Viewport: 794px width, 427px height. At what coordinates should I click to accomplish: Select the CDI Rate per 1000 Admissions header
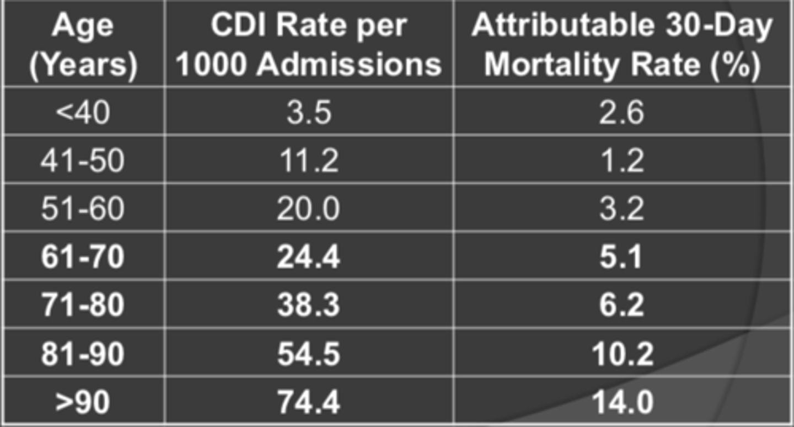point(309,45)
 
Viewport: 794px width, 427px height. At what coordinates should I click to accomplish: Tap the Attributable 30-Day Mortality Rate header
point(621,45)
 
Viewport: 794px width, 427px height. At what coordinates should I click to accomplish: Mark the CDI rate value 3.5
point(309,113)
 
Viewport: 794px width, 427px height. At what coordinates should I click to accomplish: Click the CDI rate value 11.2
point(309,161)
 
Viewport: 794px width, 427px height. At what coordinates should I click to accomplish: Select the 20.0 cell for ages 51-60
point(309,209)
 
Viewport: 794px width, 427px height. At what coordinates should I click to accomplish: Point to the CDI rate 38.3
point(309,305)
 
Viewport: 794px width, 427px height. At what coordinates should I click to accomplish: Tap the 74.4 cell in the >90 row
point(309,402)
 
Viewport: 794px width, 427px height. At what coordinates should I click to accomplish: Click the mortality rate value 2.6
point(621,113)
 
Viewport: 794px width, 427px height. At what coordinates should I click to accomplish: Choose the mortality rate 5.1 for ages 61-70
point(621,257)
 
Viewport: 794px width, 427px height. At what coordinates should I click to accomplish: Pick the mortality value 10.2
point(621,354)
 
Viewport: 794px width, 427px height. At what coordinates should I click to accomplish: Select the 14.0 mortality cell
point(621,402)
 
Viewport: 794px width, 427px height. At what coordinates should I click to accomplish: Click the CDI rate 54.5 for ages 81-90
point(309,354)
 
